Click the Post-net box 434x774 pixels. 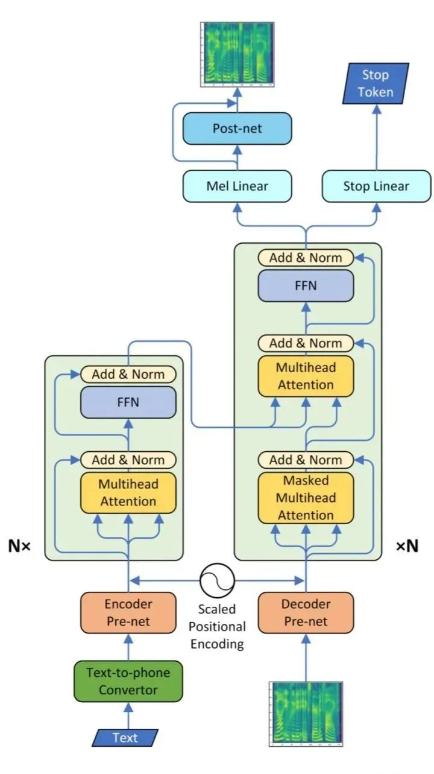click(x=237, y=128)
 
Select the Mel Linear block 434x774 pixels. click(x=237, y=186)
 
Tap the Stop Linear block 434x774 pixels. click(x=376, y=186)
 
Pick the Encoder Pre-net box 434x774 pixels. click(x=128, y=612)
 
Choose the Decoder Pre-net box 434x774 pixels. click(x=306, y=612)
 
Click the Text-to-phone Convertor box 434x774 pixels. click(x=128, y=681)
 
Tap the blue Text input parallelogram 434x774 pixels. click(x=125, y=737)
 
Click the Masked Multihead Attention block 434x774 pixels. click(x=306, y=498)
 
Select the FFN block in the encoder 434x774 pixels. click(x=128, y=402)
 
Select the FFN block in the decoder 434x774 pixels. click(x=306, y=285)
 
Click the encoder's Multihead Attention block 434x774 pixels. click(x=128, y=492)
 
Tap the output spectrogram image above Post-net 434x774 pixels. click(x=237, y=54)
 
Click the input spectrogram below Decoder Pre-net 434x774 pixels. click(x=306, y=713)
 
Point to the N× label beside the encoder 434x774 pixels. click(x=19, y=547)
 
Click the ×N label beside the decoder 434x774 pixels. click(x=407, y=547)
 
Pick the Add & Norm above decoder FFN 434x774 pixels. click(x=306, y=258)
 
